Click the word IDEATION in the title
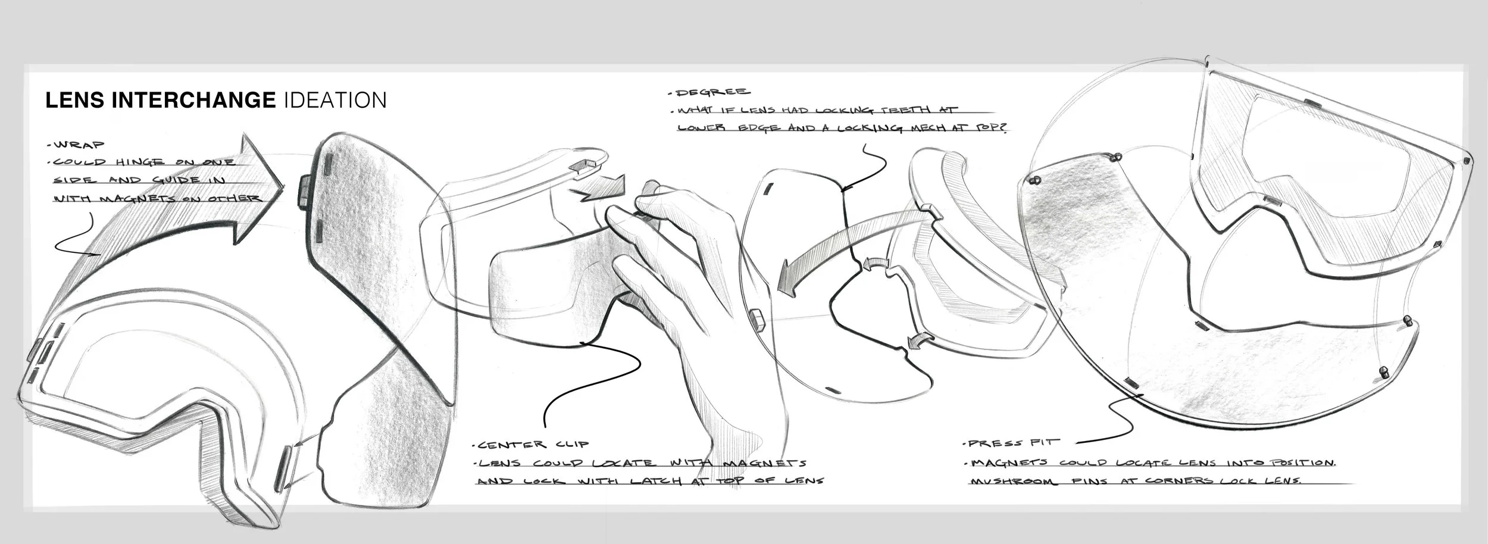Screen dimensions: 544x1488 pyautogui.click(x=336, y=100)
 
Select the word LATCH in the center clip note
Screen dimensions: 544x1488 pyautogui.click(x=651, y=481)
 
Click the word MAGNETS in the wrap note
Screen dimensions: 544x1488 pyautogui.click(x=125, y=198)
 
